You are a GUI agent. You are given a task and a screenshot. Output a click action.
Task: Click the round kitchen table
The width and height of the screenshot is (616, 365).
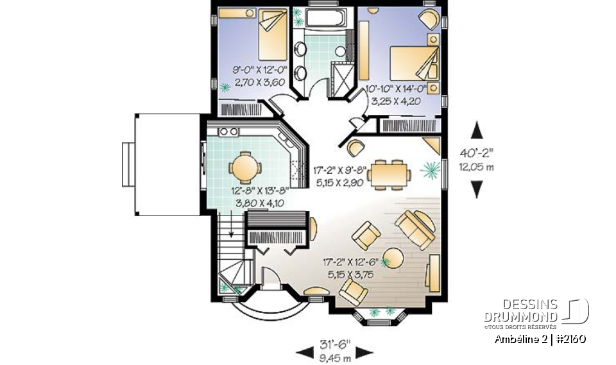point(244,167)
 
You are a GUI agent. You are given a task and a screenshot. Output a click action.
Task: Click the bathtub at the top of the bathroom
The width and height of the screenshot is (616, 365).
point(326,17)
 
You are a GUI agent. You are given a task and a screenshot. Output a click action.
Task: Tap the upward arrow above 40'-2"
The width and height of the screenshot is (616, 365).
point(476,131)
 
